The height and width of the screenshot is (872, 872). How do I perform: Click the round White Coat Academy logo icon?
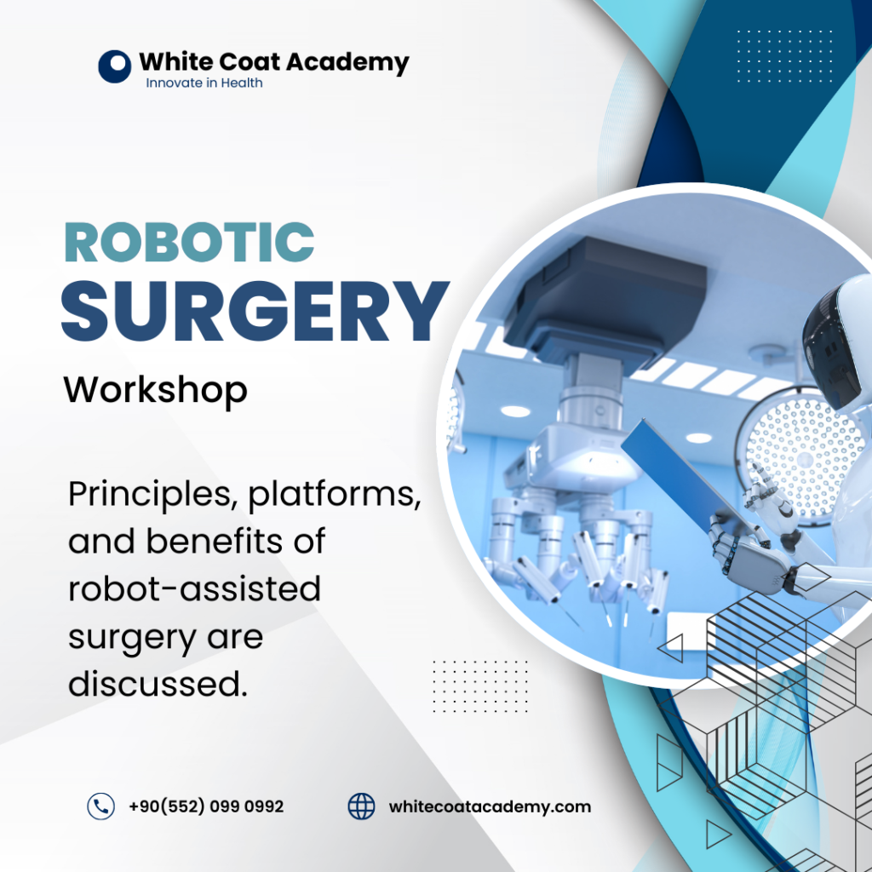tap(115, 66)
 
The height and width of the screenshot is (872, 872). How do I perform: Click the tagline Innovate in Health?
tap(204, 83)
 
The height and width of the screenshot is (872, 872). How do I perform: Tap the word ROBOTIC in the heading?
tap(190, 243)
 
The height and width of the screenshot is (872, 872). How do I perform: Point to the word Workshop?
tap(155, 390)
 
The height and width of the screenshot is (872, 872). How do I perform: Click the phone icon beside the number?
tap(100, 806)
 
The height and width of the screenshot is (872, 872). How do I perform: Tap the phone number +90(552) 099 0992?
tap(206, 806)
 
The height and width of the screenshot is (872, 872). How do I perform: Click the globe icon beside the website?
tap(361, 806)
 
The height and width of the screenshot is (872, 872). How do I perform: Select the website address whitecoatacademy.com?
tap(490, 807)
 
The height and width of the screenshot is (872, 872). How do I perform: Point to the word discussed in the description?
tap(158, 684)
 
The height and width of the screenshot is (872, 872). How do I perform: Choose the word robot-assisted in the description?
tap(195, 588)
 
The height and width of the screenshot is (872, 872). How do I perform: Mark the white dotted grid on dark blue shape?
tap(784, 56)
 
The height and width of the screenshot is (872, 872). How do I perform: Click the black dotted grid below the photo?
tap(480, 686)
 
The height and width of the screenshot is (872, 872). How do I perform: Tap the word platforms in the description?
tap(334, 495)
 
